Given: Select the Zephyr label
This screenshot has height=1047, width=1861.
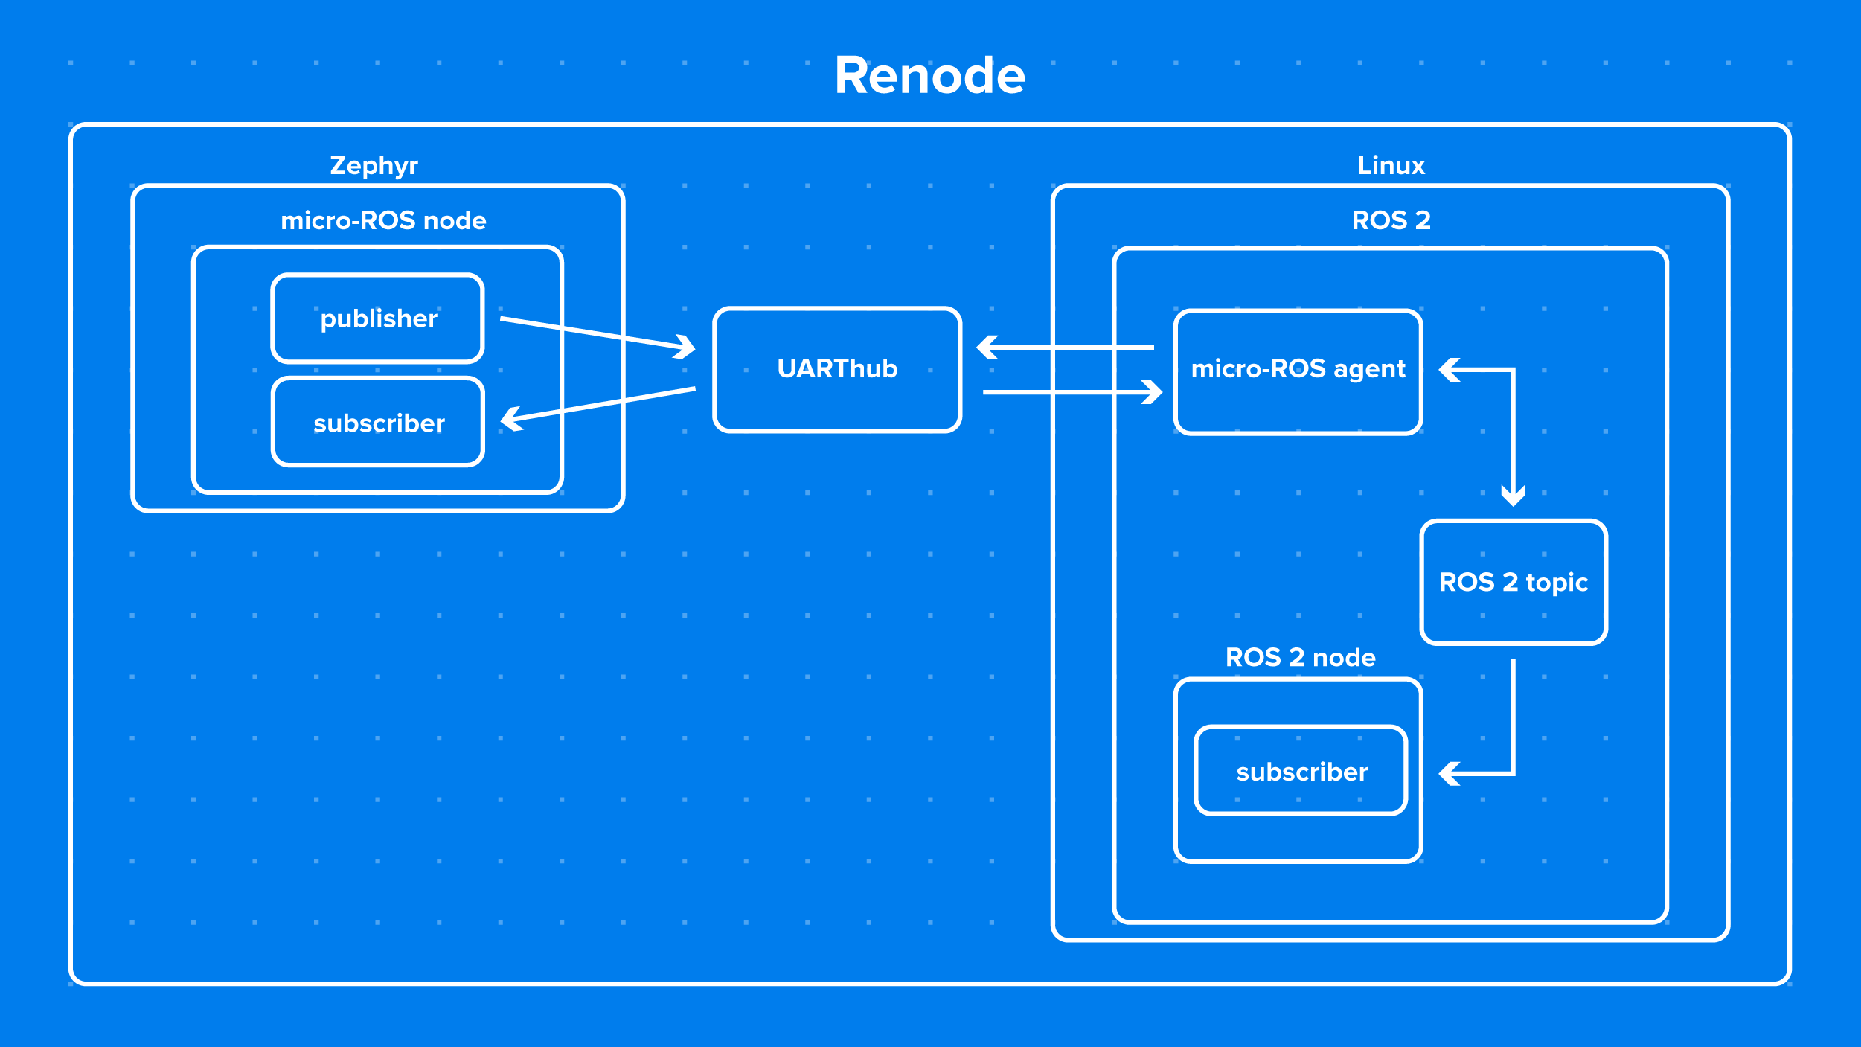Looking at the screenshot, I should pos(374,165).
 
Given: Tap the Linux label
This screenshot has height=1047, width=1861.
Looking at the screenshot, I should pos(1391,165).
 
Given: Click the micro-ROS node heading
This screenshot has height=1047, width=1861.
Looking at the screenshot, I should pos(383,220).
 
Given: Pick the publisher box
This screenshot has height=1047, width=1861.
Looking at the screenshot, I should pos(378,318).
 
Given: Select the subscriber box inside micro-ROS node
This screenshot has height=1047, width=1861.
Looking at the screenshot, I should pos(378,423).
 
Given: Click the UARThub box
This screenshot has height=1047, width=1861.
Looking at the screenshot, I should pos(837,369).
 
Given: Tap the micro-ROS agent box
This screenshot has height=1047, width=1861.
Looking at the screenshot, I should pos(1298,369).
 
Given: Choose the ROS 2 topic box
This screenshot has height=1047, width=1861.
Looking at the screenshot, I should pos(1514,582).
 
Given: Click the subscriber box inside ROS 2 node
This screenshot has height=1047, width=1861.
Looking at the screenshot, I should pos(1301,772).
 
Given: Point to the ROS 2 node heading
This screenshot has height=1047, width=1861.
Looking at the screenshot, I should pos(1300,658).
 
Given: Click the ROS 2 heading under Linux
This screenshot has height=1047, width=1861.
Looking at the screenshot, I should pos(1391,220).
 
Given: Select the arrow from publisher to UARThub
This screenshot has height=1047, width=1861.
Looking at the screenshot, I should pos(595,333).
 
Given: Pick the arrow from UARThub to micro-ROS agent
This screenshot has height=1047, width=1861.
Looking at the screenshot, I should pos(1072,392).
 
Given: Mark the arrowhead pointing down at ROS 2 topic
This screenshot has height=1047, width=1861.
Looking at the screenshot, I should pos(1514,496).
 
